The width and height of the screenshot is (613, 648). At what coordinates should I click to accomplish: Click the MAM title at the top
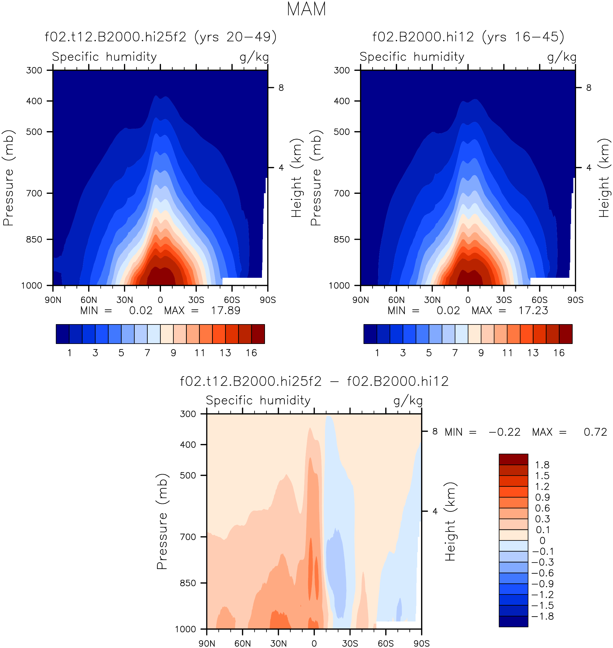[306, 9]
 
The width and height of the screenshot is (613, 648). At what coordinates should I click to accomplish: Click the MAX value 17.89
[226, 311]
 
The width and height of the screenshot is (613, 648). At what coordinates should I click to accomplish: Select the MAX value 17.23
[533, 311]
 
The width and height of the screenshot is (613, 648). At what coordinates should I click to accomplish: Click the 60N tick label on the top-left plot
[89, 300]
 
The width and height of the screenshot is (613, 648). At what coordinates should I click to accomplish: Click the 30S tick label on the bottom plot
[350, 643]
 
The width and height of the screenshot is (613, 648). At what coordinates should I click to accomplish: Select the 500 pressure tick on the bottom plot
[188, 475]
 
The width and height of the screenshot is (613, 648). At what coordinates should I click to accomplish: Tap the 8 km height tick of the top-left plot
[281, 88]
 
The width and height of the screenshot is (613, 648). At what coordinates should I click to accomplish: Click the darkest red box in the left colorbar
[258, 334]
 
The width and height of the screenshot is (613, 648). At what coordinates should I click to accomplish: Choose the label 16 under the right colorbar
[559, 353]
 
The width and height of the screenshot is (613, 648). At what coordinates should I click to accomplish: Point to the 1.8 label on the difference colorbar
[542, 465]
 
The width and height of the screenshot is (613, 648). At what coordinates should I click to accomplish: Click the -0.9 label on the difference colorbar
[542, 584]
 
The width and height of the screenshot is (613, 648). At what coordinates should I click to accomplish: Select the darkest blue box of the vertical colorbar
[513, 621]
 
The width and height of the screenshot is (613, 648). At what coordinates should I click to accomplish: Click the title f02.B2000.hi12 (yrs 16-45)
[468, 37]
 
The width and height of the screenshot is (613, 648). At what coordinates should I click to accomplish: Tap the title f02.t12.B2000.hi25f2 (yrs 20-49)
[160, 37]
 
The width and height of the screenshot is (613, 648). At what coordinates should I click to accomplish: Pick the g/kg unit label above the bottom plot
[408, 401]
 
